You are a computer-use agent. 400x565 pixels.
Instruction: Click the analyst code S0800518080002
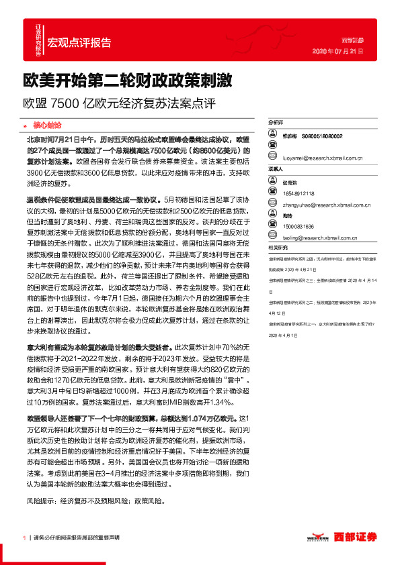319,136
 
